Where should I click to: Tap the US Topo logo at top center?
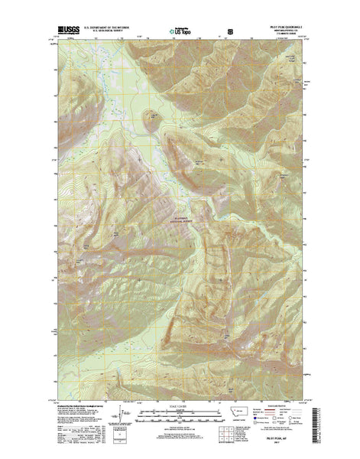tap(180, 32)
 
